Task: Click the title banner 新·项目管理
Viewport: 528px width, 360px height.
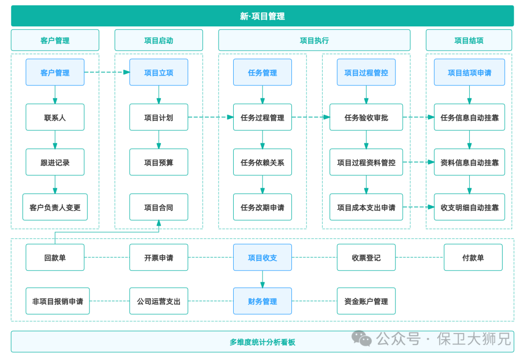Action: tap(263, 16)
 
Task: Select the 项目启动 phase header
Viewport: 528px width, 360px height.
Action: tap(158, 41)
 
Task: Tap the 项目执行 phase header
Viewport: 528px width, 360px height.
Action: tap(314, 41)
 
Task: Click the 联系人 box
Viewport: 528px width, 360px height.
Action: tap(55, 117)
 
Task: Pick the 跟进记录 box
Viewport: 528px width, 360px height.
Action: tap(55, 162)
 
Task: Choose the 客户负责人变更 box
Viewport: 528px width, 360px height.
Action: tap(55, 207)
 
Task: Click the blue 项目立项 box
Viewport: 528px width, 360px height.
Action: tap(158, 73)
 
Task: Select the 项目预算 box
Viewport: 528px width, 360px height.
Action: tap(158, 162)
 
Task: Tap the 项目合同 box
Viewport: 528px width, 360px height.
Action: tap(158, 207)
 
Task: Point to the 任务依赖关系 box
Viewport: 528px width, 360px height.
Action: tap(262, 162)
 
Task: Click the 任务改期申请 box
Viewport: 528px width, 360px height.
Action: tap(262, 207)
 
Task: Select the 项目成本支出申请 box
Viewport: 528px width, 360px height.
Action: tap(366, 207)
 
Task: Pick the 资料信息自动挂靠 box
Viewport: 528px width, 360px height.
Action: tap(469, 162)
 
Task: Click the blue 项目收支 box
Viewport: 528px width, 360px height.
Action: tap(262, 257)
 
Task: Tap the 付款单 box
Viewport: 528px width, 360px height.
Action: tap(473, 257)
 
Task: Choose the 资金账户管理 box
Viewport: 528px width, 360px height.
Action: tap(366, 301)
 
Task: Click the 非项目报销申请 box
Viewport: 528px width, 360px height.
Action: tap(58, 301)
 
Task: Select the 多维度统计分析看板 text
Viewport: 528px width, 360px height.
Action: tap(263, 342)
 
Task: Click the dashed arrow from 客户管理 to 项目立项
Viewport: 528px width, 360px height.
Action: tap(107, 72)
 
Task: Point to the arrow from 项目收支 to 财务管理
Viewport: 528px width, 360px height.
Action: tap(263, 279)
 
